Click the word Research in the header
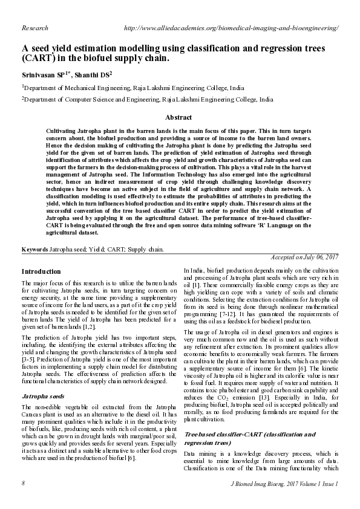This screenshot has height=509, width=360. [x=34, y=28]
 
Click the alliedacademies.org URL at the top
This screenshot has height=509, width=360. [x=231, y=28]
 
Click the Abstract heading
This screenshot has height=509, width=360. [x=179, y=117]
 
